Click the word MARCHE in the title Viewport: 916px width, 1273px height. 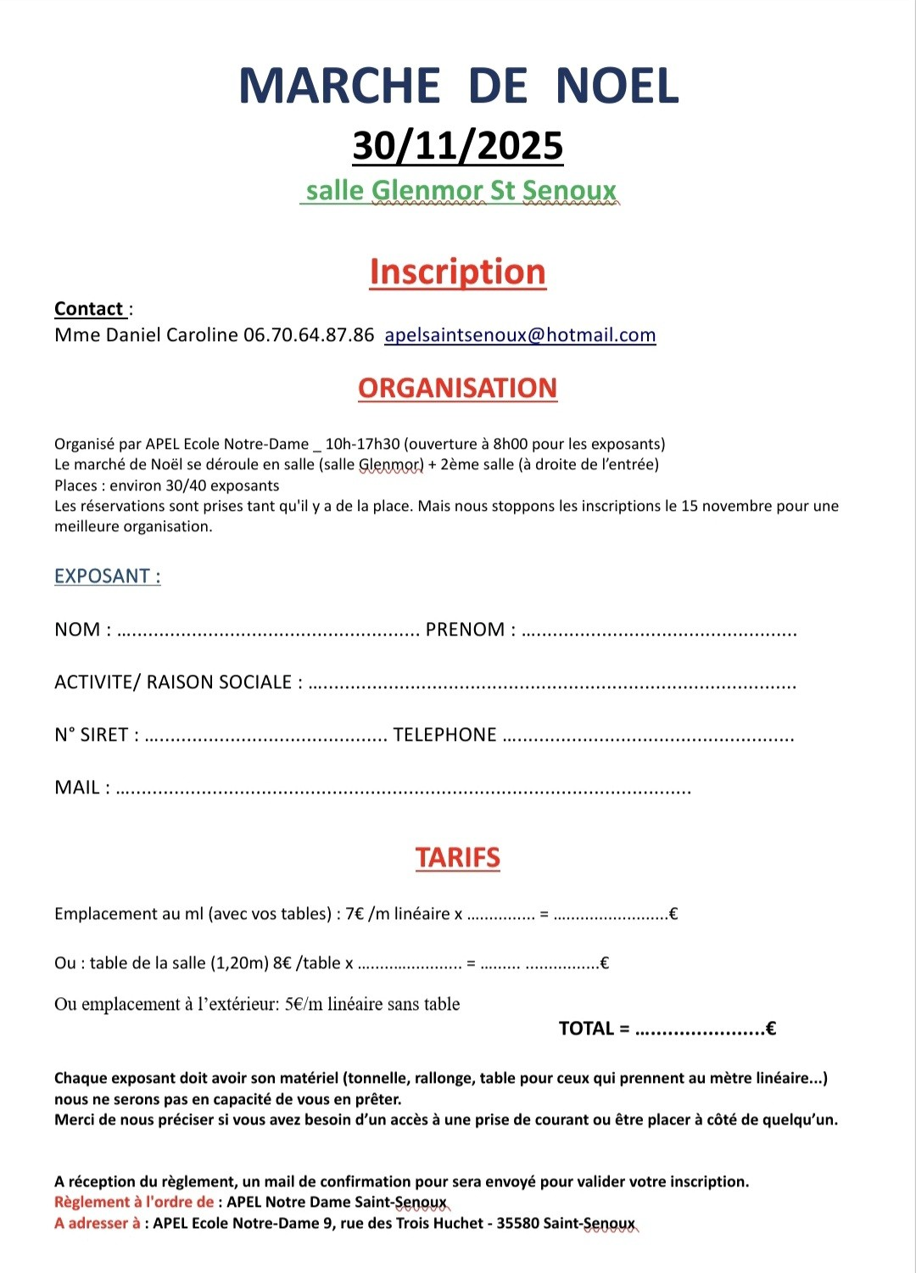339,87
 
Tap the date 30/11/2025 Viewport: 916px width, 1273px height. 458,146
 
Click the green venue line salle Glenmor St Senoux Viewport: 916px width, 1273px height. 461,191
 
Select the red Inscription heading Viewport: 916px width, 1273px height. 458,272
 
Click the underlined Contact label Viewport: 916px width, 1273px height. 89,309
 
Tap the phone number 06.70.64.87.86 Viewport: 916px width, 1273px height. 309,335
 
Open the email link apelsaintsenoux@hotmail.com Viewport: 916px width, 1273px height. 520,335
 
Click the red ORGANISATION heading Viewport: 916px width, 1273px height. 458,388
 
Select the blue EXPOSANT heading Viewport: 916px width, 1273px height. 107,576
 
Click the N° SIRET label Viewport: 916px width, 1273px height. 92,735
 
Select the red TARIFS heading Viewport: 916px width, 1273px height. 458,857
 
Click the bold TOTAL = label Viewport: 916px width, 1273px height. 594,1029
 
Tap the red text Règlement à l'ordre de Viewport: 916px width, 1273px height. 134,1202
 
